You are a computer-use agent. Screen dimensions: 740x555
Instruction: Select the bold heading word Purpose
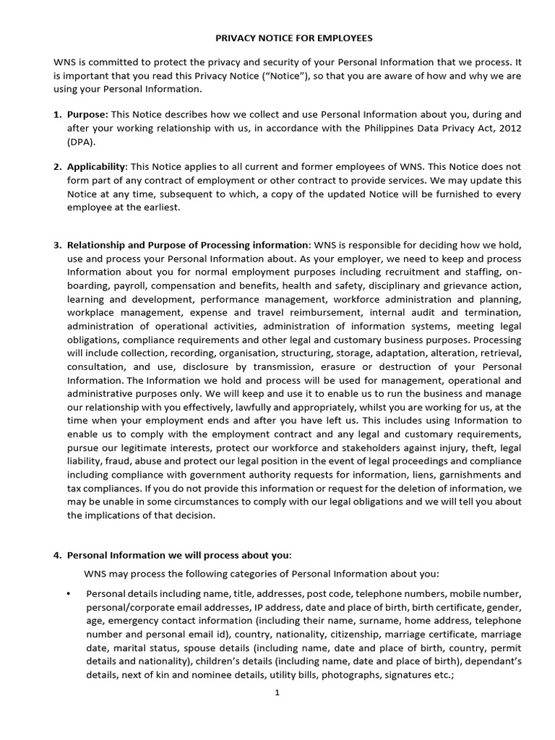pos(87,115)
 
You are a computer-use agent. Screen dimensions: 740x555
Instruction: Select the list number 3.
pos(57,245)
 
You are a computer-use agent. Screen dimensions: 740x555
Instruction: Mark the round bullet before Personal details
pos(69,593)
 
